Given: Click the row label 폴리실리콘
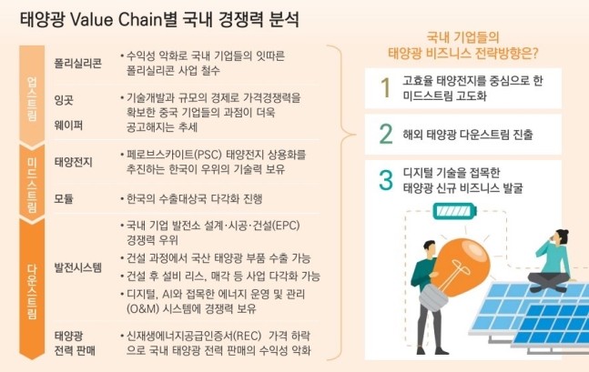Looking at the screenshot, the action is (77, 63).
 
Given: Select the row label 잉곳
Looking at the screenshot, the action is (64, 100).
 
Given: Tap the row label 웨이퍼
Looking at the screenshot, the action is (68, 125).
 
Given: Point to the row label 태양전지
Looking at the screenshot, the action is (73, 162).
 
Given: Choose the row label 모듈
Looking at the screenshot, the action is (64, 198).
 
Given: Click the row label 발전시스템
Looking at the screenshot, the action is (77, 267).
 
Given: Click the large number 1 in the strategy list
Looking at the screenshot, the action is (386, 88).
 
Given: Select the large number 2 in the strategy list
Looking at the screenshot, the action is (386, 134).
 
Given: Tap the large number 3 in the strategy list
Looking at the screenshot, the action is (386, 180).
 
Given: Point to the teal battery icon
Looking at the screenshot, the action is (455, 211).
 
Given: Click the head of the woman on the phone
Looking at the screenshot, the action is (561, 237).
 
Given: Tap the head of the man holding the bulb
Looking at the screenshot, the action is (430, 249).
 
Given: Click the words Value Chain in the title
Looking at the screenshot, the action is (118, 19).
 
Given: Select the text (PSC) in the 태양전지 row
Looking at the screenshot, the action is (207, 155).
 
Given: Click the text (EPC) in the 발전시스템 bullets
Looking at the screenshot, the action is (286, 226).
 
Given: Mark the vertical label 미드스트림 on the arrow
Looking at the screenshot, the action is (32, 185).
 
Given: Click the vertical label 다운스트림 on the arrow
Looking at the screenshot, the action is (32, 292).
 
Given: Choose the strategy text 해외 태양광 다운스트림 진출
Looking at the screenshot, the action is (468, 135).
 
